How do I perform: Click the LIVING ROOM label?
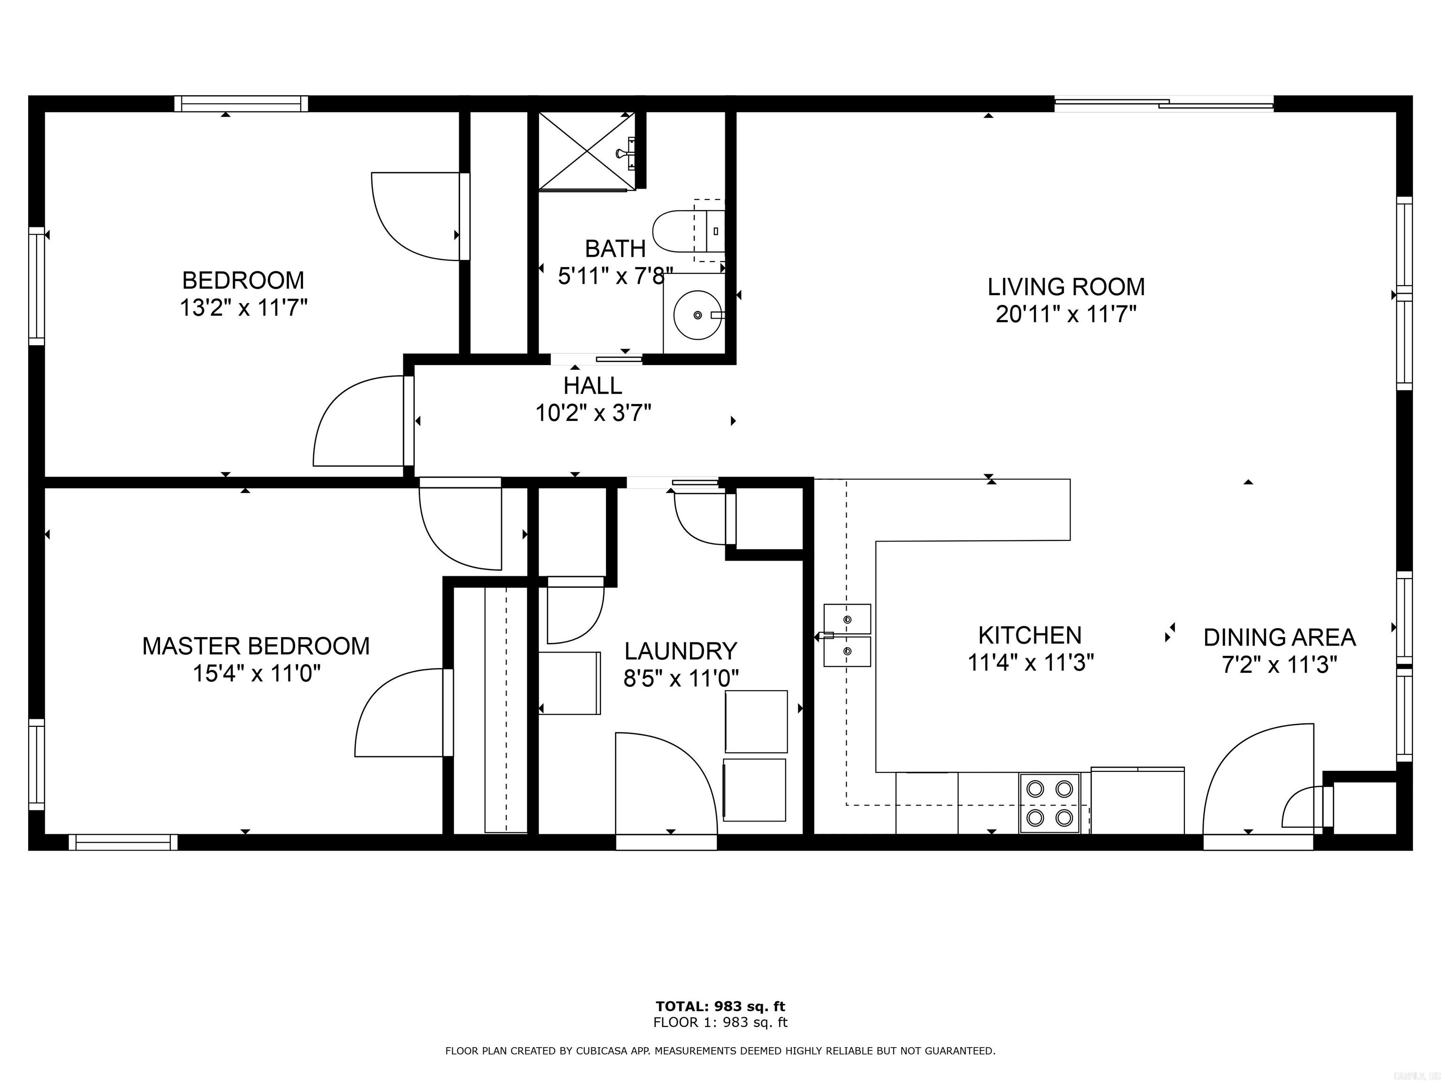coord(1066,287)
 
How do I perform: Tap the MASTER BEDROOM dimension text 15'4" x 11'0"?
coord(256,673)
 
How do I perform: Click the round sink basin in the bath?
coord(697,315)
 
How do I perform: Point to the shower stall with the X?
coord(586,151)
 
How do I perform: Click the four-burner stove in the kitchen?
coord(1049,803)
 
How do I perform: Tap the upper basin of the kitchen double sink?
coord(847,619)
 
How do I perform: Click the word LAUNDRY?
coord(681,651)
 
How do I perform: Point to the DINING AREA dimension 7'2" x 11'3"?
coord(1280,665)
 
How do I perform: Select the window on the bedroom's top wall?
coord(241,104)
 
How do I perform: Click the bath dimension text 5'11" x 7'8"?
coord(614,276)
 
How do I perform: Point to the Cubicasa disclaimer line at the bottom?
coord(720,1051)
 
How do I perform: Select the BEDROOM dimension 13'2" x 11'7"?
coord(243,308)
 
